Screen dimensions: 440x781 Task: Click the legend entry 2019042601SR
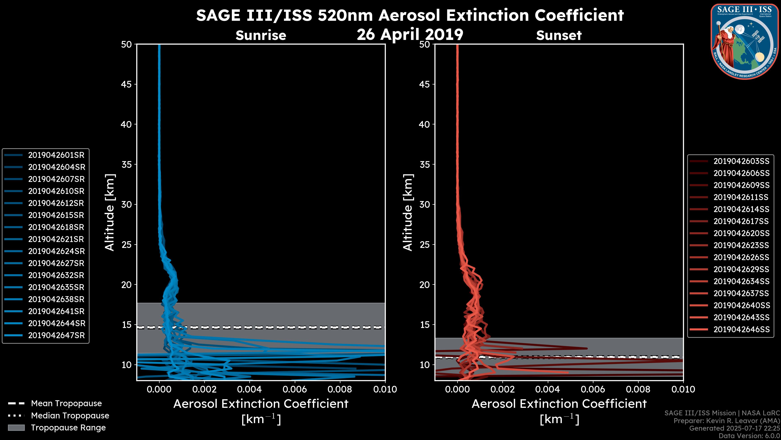tap(56, 155)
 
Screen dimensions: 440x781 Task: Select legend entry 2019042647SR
tap(56, 335)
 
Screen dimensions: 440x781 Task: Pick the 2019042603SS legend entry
tap(741, 161)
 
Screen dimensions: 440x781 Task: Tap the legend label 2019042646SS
tap(741, 329)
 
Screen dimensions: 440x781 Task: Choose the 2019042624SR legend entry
tap(56, 251)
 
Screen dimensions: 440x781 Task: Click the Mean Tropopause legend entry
tap(66, 404)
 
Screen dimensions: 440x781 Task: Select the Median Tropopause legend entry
tap(70, 416)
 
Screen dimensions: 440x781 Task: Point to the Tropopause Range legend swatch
tap(16, 428)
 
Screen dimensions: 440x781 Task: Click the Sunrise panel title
tap(261, 35)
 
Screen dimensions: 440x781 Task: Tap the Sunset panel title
tap(559, 35)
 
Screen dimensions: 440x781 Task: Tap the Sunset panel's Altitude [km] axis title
tap(408, 212)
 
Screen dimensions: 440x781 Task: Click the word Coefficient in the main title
tap(579, 15)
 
